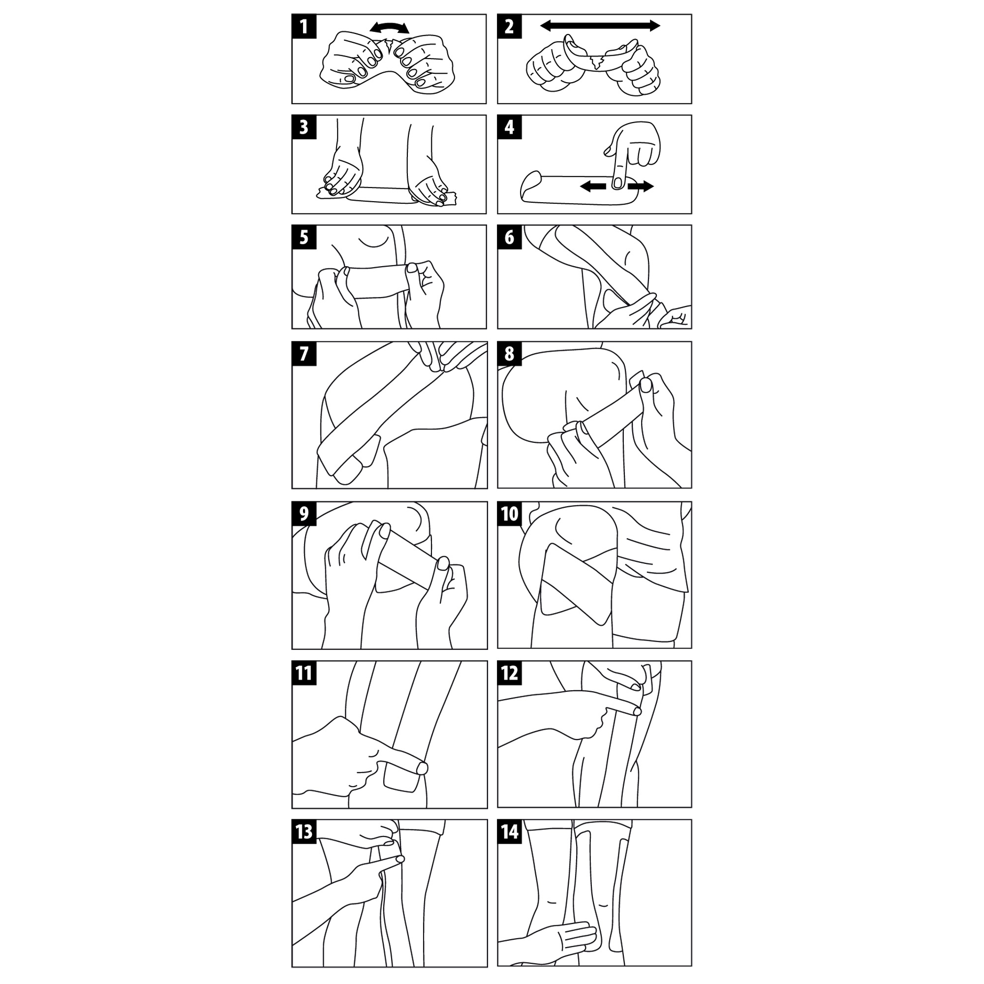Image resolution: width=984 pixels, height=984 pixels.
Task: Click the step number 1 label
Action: point(304,26)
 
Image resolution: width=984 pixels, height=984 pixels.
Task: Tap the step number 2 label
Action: point(509,26)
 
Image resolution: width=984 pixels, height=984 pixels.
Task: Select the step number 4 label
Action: point(509,127)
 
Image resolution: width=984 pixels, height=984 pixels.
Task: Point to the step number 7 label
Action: point(304,353)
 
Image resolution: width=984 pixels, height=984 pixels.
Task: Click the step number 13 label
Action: point(304,831)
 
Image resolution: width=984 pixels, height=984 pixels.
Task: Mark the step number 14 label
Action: point(510,831)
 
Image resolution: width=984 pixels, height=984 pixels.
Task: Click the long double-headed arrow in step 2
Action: point(600,26)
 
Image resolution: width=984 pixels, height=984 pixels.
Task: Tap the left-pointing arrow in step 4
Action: point(593,187)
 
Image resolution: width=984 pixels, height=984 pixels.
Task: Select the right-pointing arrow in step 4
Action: point(641,187)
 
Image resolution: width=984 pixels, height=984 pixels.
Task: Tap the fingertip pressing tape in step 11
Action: point(422,768)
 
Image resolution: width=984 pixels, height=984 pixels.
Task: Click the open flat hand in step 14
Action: point(550,939)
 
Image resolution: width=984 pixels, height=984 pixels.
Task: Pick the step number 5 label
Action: point(304,237)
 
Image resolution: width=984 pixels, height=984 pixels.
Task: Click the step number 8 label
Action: point(509,353)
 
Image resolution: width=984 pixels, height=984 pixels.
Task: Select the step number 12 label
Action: point(510,673)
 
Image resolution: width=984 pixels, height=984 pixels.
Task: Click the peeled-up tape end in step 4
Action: point(531,184)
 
